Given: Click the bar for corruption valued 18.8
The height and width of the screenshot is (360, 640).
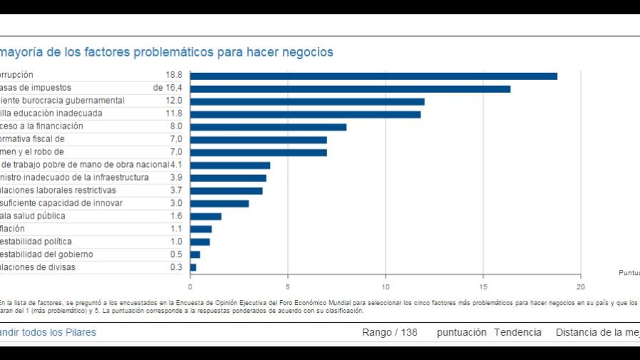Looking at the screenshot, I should [x=373, y=76].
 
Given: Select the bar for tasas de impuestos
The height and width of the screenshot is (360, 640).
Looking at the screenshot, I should [x=350, y=89].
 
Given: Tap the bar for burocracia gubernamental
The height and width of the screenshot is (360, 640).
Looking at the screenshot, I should [x=307, y=101].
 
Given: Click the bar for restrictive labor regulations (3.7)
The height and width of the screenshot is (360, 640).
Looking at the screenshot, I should [x=226, y=191].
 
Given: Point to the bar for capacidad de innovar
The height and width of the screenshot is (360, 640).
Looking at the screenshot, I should [x=219, y=204].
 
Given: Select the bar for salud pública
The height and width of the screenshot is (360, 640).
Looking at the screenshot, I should [x=206, y=216].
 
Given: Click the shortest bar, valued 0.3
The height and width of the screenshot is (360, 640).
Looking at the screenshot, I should [x=193, y=267].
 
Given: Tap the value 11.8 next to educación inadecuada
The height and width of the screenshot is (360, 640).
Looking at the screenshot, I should [x=174, y=114].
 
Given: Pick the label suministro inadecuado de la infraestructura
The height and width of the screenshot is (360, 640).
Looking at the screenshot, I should [x=74, y=178].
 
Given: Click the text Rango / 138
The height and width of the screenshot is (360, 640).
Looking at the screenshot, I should [x=389, y=333].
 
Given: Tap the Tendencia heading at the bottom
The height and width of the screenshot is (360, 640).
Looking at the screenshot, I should [x=517, y=333].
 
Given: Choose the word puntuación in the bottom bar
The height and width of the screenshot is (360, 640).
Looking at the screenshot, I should [x=461, y=333].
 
